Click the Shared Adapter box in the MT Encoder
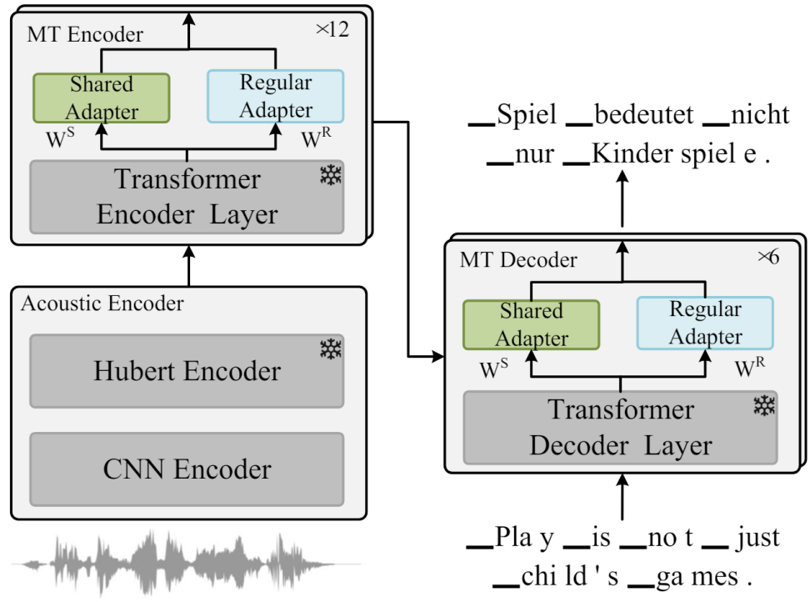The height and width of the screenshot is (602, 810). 101,98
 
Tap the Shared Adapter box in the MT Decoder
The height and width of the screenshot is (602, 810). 531,324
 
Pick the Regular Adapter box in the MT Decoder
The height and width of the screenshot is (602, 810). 705,324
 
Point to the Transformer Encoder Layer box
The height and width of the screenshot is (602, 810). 187,197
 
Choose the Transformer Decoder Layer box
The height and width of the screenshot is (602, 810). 620,427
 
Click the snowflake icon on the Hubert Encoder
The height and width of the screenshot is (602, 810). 331,349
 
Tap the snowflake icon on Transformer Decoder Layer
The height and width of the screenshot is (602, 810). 763,406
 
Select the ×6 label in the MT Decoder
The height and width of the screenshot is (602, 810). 767,258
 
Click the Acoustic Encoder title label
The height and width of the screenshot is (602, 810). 102,304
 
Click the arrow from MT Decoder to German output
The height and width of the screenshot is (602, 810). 621,203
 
